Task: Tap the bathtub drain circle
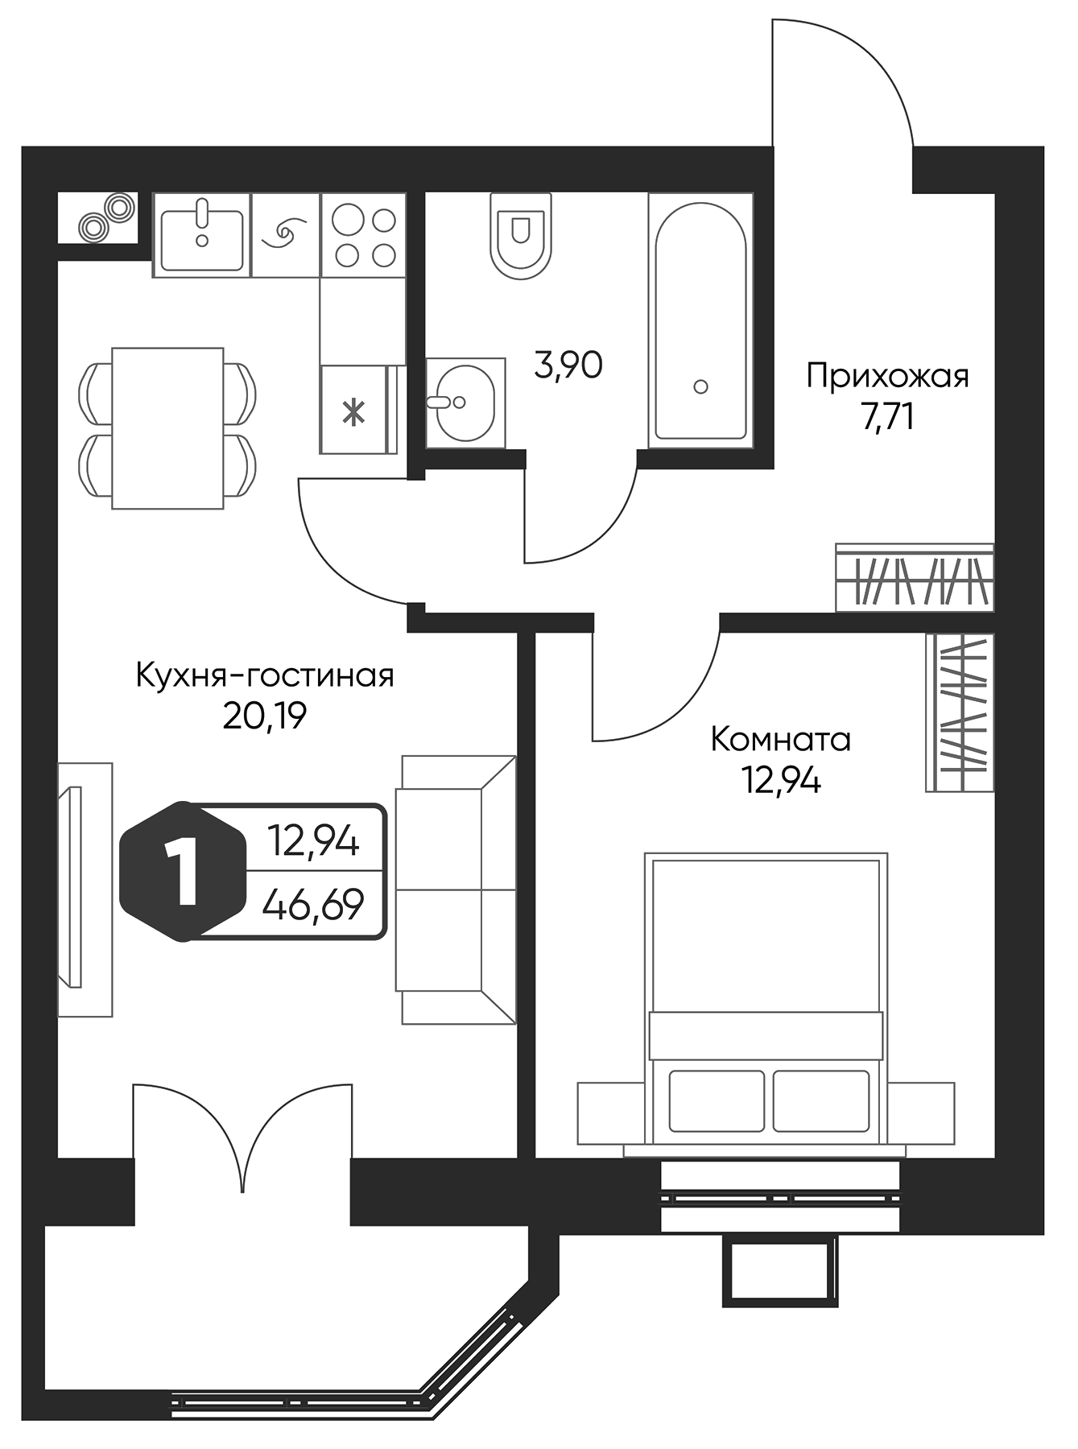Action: coord(700,387)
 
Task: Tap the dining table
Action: coord(167,428)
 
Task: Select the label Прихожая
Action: coord(887,377)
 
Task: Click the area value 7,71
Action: coord(887,419)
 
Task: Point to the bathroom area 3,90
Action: coord(568,366)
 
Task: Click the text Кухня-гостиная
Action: coord(265,675)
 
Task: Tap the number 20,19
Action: coord(265,716)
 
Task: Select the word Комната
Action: coord(780,739)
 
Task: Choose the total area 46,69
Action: coord(314,905)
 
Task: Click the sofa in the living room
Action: coord(455,890)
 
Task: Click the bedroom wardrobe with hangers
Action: coord(960,712)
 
